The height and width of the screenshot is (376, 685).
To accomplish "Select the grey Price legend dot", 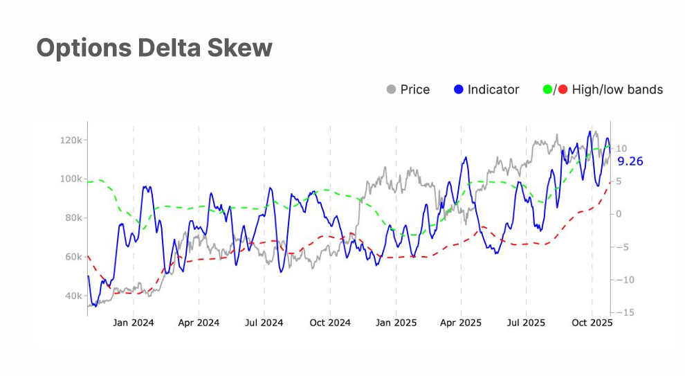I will tap(392, 89).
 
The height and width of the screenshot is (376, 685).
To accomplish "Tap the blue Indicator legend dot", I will tap(459, 89).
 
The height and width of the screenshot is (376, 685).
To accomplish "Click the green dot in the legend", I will tap(548, 89).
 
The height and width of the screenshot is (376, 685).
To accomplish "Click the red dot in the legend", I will tap(562, 89).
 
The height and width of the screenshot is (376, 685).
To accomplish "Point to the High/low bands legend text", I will tap(617, 89).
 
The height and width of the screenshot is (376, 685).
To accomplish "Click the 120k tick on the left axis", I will tap(71, 140).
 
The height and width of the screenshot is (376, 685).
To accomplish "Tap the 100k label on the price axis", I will tap(71, 179).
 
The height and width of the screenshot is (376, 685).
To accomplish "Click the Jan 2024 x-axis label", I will tap(134, 323).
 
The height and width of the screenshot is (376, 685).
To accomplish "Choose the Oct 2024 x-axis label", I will tap(330, 323).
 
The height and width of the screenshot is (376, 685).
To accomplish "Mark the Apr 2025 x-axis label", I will tap(461, 323).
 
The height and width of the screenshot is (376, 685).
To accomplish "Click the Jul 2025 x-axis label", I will tap(526, 323).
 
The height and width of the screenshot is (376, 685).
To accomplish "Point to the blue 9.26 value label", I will tap(630, 161).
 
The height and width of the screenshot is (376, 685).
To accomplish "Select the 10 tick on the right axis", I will tap(622, 148).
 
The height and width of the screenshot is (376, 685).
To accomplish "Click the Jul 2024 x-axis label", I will tap(264, 323).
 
